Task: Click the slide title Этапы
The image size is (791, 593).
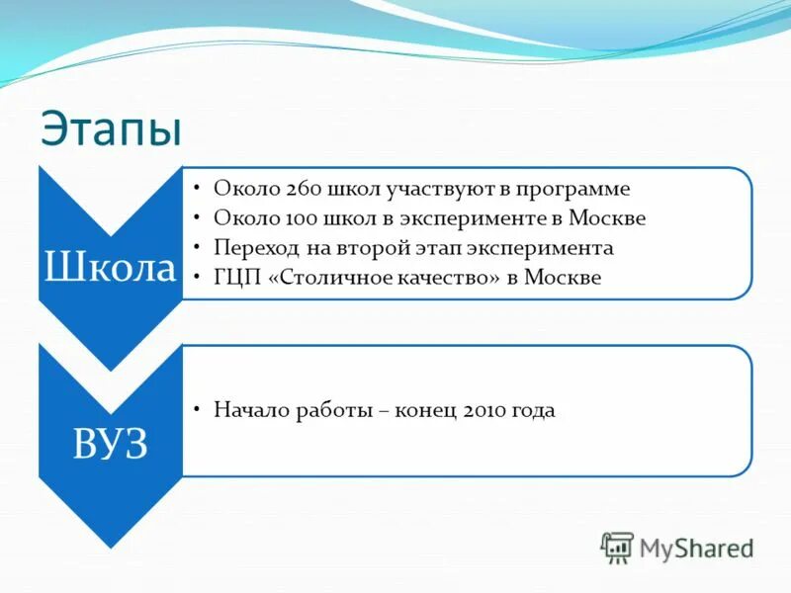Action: [111, 128]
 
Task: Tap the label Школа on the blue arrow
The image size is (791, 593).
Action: [110, 267]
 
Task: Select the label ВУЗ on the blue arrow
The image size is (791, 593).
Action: [110, 445]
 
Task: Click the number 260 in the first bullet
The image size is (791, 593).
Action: [301, 189]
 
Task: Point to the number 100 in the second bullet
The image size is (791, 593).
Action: [300, 217]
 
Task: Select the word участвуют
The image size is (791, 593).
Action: [439, 189]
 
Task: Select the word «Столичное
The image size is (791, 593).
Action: [325, 278]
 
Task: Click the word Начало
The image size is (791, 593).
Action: [250, 410]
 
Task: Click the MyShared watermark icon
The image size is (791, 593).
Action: [618, 547]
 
